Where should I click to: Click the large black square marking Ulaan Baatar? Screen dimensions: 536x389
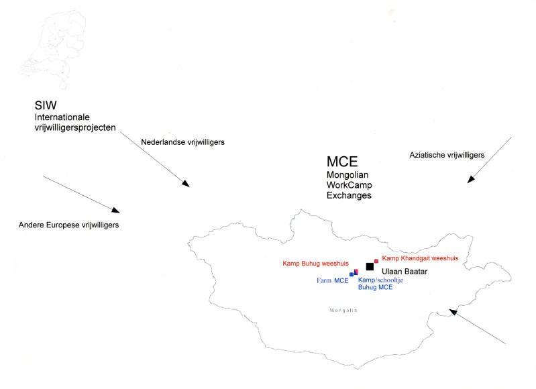click(370, 266)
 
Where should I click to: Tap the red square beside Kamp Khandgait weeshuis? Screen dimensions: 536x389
click(376, 260)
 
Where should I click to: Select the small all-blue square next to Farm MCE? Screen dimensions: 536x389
click(352, 274)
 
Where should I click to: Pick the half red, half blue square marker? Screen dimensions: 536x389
click(356, 272)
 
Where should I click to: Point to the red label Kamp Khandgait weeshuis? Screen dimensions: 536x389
click(420, 258)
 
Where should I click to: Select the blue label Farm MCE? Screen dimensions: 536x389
click(332, 280)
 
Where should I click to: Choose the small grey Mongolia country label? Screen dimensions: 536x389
click(343, 310)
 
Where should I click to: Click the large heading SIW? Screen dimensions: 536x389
click(45, 106)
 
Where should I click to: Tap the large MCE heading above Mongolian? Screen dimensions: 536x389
click(342, 162)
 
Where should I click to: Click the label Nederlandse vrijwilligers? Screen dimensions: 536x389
click(182, 142)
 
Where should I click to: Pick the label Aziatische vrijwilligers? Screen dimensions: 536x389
click(447, 155)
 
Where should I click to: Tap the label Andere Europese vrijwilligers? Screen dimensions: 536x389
click(69, 225)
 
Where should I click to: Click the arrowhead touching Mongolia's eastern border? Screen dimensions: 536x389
click(453, 311)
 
